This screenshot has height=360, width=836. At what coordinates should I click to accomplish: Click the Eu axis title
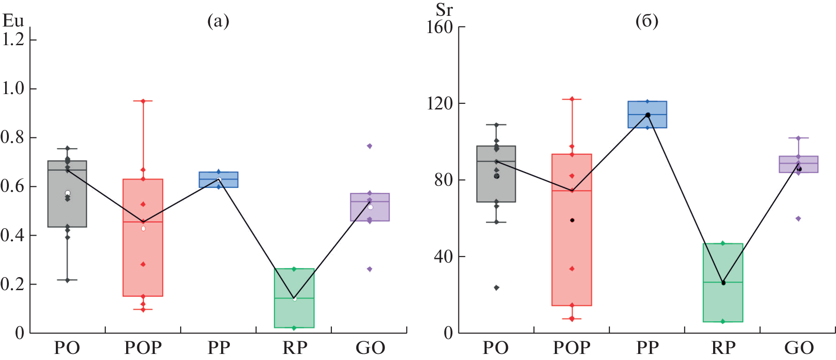13,20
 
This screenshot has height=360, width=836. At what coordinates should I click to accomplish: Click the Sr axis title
444,9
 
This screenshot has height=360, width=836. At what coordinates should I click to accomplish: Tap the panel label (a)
218,21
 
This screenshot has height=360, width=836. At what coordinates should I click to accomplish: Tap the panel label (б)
647,21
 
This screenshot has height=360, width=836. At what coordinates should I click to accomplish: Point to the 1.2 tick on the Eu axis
13,40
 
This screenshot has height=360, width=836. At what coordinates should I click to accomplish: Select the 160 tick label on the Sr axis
439,27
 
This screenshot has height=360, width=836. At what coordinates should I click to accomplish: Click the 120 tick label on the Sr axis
439,103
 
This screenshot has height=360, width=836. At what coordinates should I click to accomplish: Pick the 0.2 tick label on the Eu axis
13,284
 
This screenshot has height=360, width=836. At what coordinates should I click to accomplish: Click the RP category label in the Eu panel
295,347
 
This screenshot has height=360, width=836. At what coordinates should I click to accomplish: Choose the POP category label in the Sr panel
571,347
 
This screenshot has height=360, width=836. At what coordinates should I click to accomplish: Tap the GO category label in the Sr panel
799,347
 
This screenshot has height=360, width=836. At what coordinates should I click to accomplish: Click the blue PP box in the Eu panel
218,180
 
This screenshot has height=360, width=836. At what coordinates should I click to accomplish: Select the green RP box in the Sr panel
723,283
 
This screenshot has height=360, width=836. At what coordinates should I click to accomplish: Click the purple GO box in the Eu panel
370,207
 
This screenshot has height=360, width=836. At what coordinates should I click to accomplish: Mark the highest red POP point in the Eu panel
143,101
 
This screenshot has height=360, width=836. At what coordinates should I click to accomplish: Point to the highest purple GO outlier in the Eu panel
370,146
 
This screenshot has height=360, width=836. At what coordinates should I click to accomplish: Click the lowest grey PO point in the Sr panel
496,288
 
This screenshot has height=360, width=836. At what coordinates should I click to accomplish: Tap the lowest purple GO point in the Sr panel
798,218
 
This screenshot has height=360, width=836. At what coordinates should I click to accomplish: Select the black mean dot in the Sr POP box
572,220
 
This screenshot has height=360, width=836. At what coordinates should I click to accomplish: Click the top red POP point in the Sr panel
572,99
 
